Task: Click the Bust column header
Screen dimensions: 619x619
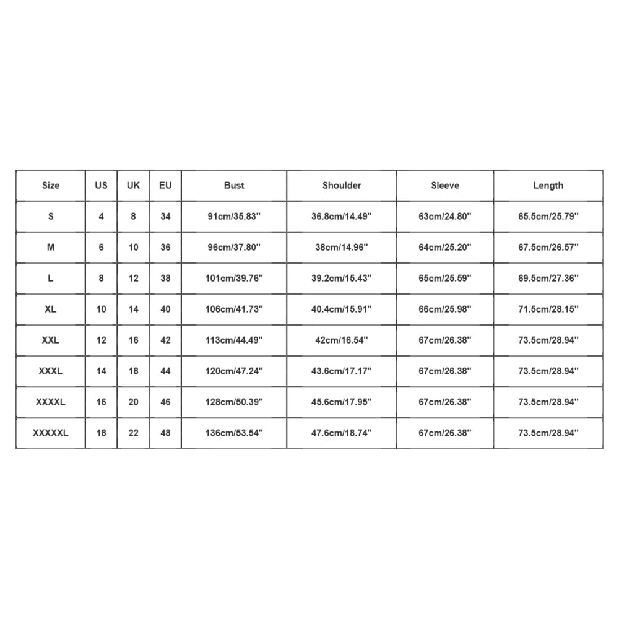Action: click(x=234, y=185)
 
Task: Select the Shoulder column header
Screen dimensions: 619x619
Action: click(x=342, y=185)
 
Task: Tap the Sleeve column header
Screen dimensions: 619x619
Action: click(x=445, y=185)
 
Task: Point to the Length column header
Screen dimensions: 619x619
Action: click(x=548, y=185)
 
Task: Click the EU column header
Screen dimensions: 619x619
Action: click(x=165, y=185)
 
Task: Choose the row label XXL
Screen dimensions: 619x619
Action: click(x=51, y=340)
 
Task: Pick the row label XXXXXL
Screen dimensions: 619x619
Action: click(x=51, y=433)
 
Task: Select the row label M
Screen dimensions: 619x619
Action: click(x=51, y=247)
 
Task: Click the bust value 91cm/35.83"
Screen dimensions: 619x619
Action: click(x=234, y=216)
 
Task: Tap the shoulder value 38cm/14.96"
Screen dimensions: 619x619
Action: click(x=342, y=247)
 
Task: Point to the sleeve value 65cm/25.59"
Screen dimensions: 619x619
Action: click(x=445, y=278)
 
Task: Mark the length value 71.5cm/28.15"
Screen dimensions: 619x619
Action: click(x=548, y=309)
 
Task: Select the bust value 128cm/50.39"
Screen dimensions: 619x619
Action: click(x=234, y=402)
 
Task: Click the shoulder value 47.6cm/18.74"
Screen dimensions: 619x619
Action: click(x=342, y=433)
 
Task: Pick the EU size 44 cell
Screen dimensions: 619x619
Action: click(x=165, y=371)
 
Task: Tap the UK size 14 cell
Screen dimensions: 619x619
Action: click(x=133, y=309)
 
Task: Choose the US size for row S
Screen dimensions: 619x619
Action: click(x=102, y=216)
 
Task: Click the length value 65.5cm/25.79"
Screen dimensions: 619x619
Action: click(x=548, y=216)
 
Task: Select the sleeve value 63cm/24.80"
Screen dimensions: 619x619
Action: click(x=445, y=216)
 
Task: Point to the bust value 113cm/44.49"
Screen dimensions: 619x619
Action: click(x=234, y=340)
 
